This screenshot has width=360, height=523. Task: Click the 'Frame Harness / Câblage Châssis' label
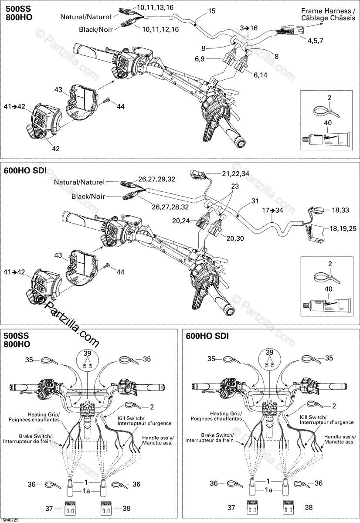[328, 14]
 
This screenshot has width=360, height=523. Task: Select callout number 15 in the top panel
[211, 12]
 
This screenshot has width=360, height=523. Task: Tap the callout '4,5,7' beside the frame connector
[315, 41]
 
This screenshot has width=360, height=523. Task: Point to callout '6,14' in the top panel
[261, 75]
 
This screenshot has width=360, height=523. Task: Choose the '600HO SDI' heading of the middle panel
[25, 169]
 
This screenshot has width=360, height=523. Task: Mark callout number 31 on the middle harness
[255, 201]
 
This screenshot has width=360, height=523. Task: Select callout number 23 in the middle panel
[235, 186]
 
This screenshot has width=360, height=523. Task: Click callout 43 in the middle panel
[58, 255]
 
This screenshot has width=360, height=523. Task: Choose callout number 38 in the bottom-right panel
[309, 508]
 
